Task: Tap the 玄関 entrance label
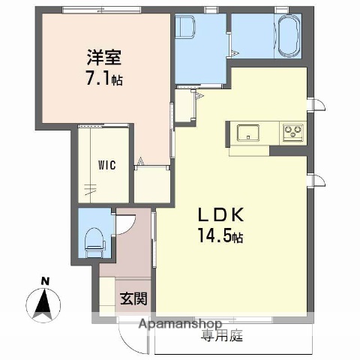point(133,298)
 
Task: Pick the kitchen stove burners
point(291,133)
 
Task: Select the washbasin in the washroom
point(185,30)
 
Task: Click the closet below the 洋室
point(151,184)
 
